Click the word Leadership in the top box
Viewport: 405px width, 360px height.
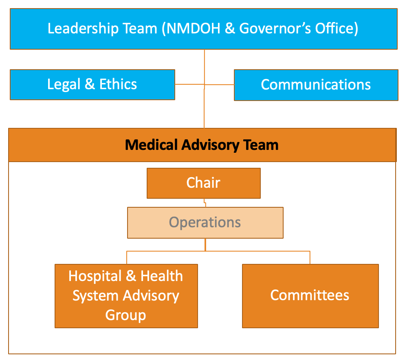coord(83,29)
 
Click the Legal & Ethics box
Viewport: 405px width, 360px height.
coord(92,85)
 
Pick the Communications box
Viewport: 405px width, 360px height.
coord(316,85)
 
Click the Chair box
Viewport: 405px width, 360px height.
coord(204,183)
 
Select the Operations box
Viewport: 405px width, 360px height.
coord(205,223)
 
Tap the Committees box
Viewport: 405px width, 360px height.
coord(310,296)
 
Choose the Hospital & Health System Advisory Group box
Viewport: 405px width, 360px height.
coord(126,296)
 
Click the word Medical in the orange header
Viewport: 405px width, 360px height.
coord(151,145)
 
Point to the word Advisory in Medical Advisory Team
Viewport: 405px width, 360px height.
coord(210,145)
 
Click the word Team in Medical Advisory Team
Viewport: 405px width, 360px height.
coord(261,145)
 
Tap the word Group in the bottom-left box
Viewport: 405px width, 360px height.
coord(125,315)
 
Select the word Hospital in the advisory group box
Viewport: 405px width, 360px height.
coord(95,277)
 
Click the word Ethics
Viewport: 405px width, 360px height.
coord(118,84)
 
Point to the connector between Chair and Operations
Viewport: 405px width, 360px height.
coord(205,203)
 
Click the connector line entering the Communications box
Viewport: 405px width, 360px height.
coord(219,84)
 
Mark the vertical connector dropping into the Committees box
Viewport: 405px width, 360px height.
coord(310,257)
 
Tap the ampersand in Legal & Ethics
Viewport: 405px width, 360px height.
coord(90,84)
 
